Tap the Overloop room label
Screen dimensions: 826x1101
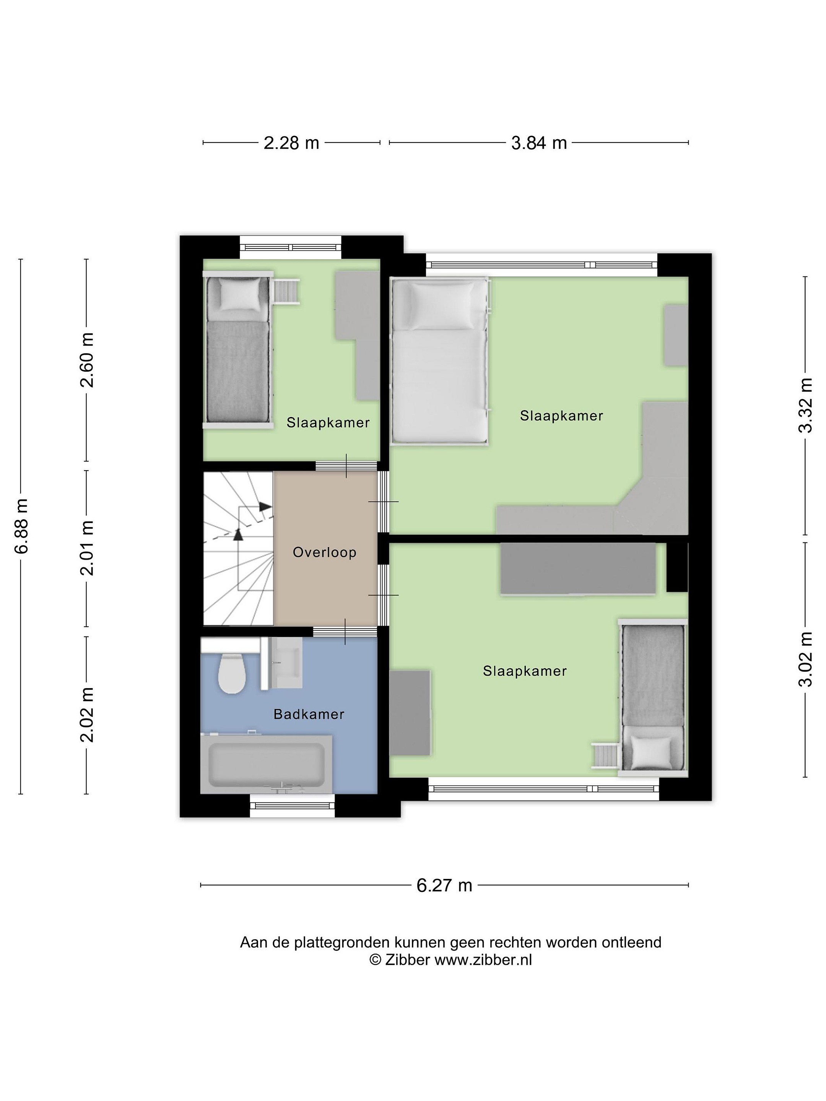click(325, 552)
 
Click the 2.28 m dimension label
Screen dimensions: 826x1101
click(291, 143)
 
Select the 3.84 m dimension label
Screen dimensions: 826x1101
click(539, 143)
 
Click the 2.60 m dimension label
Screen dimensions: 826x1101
click(87, 360)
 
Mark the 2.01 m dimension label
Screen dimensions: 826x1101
click(87, 548)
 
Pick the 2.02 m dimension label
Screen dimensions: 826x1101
click(87, 714)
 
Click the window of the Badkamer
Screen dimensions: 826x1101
click(292, 806)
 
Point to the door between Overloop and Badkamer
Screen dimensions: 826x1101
click(345, 631)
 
